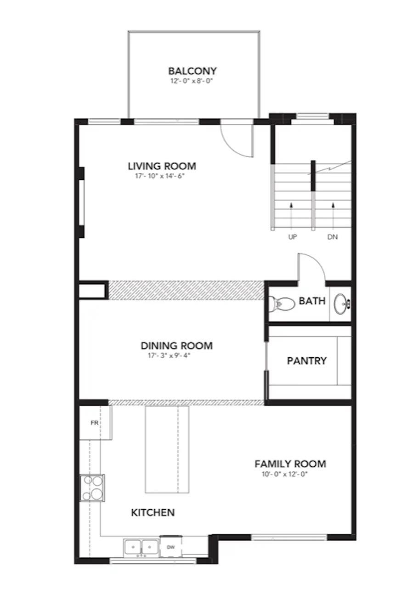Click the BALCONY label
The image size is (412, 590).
(192, 71)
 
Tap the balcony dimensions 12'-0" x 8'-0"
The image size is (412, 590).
(192, 81)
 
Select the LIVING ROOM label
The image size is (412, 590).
(162, 166)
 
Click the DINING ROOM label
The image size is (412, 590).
(176, 346)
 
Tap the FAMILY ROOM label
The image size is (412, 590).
(290, 464)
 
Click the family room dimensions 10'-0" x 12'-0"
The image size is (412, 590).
(282, 474)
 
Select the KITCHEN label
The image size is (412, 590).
(153, 512)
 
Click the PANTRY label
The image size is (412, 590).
(307, 361)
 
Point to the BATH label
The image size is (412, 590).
(312, 301)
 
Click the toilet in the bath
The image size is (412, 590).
(281, 303)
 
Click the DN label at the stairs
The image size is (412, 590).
(333, 238)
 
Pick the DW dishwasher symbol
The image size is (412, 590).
(171, 547)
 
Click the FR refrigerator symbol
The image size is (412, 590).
(95, 423)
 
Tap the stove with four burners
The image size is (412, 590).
(92, 487)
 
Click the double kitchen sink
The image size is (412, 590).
(141, 547)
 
